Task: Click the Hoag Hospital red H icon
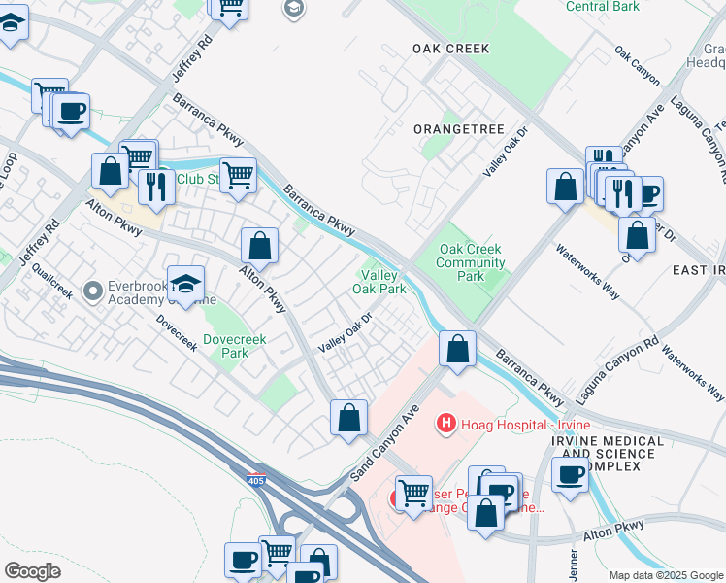click(445, 424)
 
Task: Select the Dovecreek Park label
click(226, 346)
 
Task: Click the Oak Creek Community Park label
click(470, 262)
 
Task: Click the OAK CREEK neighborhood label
click(450, 48)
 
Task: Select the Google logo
click(32, 571)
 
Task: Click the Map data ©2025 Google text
click(665, 575)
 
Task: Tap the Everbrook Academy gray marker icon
click(93, 291)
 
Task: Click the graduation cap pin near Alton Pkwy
click(185, 284)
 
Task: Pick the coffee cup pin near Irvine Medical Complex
click(571, 475)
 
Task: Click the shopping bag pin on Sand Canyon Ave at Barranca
click(456, 348)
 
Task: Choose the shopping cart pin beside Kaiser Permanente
click(413, 494)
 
